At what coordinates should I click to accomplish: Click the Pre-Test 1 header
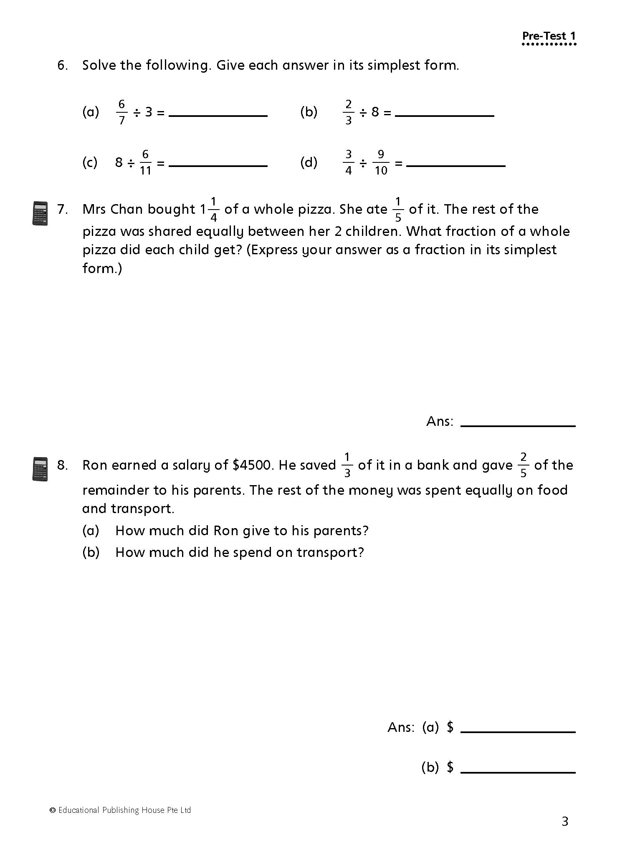click(549, 36)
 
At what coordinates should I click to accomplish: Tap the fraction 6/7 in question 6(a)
click(121, 112)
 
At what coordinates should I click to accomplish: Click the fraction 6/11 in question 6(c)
click(145, 162)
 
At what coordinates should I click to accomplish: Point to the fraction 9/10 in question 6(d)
click(380, 162)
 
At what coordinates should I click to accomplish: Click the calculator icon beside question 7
click(40, 213)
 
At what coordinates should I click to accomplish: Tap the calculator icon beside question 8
click(40, 468)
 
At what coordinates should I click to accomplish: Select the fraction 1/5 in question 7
click(398, 209)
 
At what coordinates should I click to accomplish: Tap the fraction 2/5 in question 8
click(523, 465)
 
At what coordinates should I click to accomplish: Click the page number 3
click(565, 821)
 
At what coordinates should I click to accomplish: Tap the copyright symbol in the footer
click(53, 810)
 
